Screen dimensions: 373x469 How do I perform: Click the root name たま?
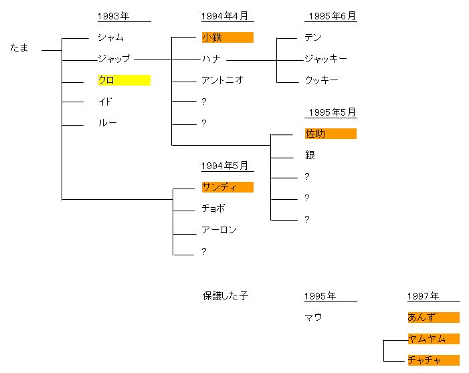coord(19,48)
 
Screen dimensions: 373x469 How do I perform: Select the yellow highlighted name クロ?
coord(106,80)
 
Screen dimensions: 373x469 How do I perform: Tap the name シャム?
coord(110,37)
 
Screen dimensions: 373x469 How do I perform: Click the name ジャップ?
coord(114,59)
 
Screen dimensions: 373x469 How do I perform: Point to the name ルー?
coord(108,123)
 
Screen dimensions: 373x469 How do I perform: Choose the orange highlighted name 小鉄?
coord(212,37)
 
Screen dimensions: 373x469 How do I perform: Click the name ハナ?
coord(211,59)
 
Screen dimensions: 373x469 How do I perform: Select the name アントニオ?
coord(222,80)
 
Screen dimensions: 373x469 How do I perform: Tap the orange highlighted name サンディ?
coord(219,187)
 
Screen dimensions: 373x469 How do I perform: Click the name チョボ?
coord(213,209)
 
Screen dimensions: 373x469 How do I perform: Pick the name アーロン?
coord(219,230)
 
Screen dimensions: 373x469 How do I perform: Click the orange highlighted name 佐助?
coord(315,134)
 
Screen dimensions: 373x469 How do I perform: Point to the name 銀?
coord(310,155)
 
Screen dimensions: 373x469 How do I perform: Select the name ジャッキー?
coord(326,59)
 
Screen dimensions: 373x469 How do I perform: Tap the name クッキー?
coord(321,80)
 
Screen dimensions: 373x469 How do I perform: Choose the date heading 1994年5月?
coord(226,166)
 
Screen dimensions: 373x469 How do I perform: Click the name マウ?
coord(313,318)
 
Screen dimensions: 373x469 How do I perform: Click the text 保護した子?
coord(225,295)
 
